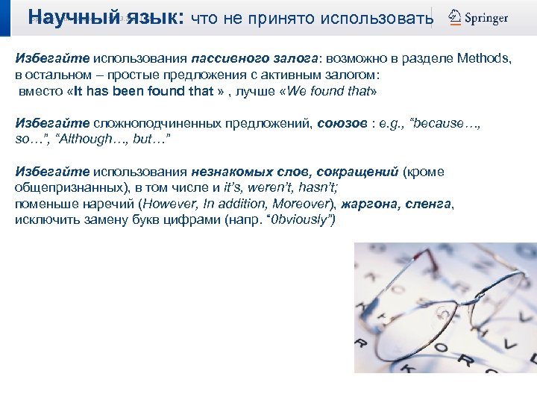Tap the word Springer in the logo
coord(487,17)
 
